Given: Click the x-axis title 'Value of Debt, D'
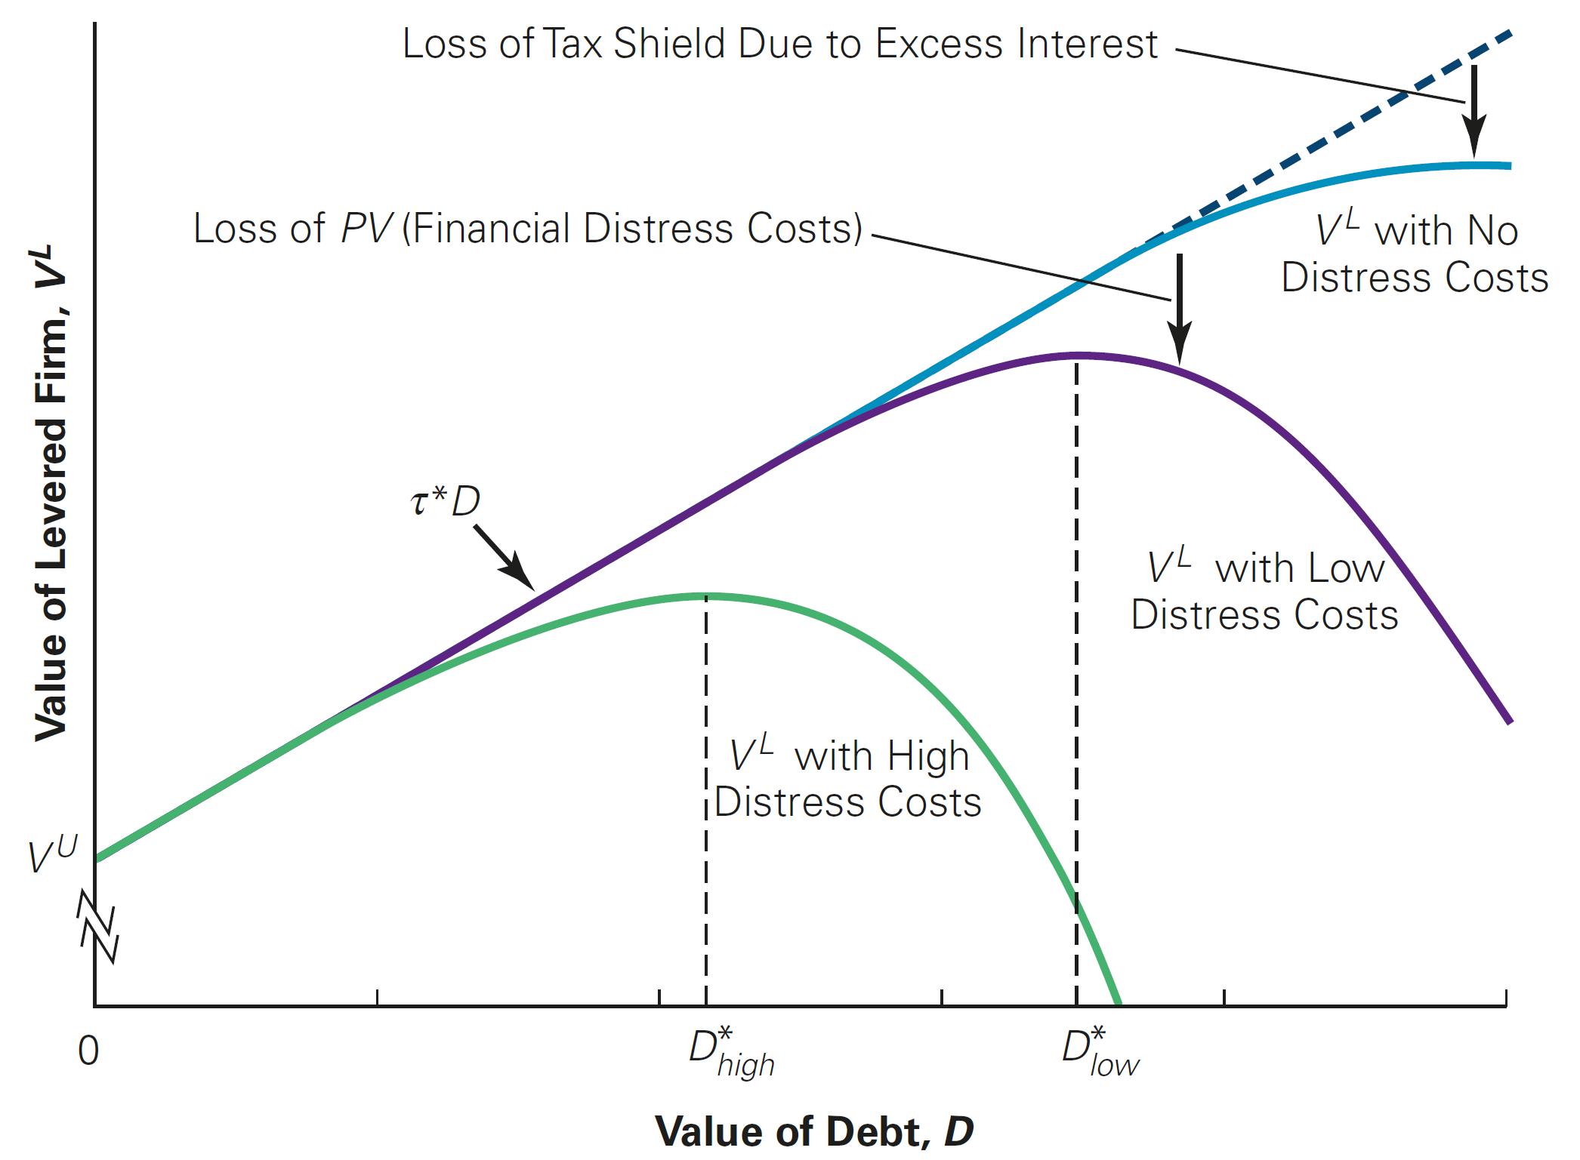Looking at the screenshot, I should pyautogui.click(x=813, y=1131).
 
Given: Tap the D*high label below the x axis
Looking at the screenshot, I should pyautogui.click(x=730, y=1052).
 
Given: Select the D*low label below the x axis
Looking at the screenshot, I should pyautogui.click(x=1100, y=1052).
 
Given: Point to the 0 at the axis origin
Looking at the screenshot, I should pyautogui.click(x=88, y=1051).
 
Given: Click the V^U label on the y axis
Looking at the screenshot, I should pyautogui.click(x=52, y=855).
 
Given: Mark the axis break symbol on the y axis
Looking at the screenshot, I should pyautogui.click(x=98, y=927).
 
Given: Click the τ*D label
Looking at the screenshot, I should pyautogui.click(x=446, y=501).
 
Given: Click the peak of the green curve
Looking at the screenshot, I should pyautogui.click(x=706, y=596).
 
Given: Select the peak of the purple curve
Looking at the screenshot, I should pyautogui.click(x=1079, y=354).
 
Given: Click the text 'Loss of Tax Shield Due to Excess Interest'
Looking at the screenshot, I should pyautogui.click(x=779, y=44).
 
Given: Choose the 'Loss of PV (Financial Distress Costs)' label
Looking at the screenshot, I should pyautogui.click(x=527, y=228).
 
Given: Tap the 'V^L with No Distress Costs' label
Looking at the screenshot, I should pyautogui.click(x=1415, y=254).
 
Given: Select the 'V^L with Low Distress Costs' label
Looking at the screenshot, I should pyautogui.click(x=1264, y=591).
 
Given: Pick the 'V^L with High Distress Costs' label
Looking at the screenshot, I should pyautogui.click(x=847, y=779).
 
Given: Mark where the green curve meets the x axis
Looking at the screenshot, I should pyautogui.click(x=1119, y=1004).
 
